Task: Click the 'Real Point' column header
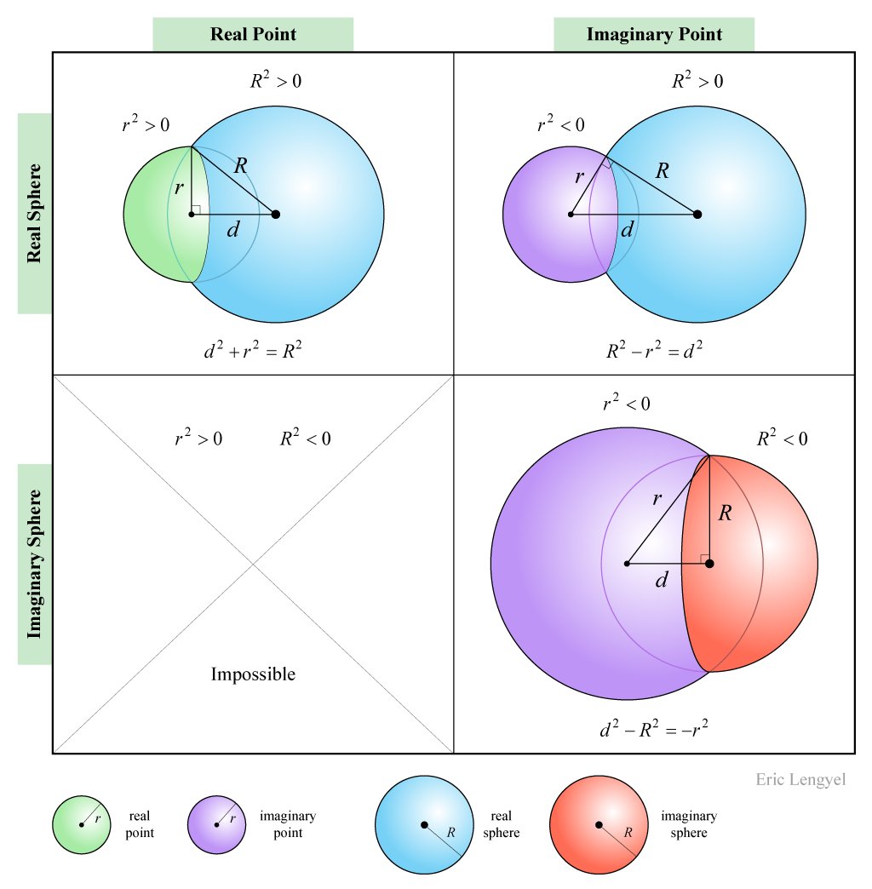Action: (253, 35)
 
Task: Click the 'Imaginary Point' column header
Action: (654, 35)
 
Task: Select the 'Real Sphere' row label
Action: (35, 213)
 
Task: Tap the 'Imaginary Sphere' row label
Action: (35, 564)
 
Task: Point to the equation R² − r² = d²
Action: (654, 350)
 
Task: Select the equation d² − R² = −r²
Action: (654, 729)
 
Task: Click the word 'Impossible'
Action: (253, 674)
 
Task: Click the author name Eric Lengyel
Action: (800, 780)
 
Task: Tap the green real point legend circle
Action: (81, 824)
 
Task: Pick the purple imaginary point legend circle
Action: (217, 824)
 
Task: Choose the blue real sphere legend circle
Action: (424, 824)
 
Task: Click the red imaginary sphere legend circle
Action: (599, 824)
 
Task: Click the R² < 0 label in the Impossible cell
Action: (305, 439)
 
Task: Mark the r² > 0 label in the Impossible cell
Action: (198, 439)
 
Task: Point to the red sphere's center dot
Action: (709, 563)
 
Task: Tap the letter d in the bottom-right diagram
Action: (661, 582)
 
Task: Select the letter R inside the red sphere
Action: (725, 513)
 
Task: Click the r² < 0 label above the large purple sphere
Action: (626, 404)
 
